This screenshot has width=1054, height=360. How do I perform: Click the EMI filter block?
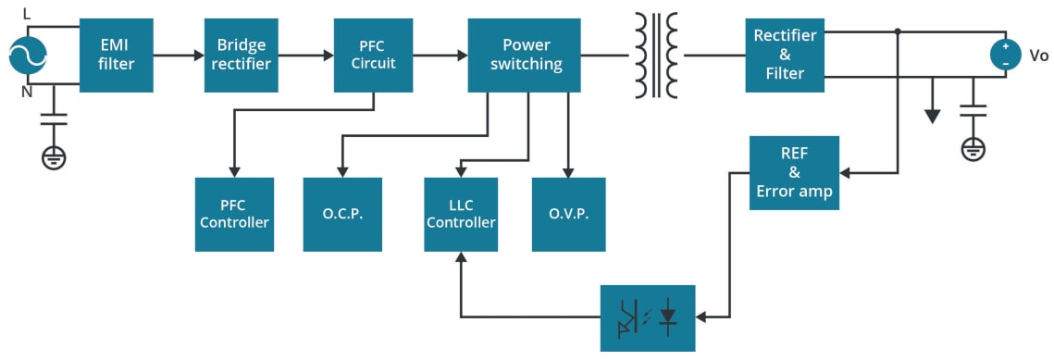[116, 55]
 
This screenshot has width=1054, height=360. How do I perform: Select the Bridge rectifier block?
[242, 55]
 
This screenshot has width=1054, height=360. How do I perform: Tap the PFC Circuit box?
[373, 55]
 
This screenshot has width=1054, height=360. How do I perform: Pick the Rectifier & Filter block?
[785, 55]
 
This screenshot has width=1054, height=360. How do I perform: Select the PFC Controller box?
[234, 214]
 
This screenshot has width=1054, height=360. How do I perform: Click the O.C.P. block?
[342, 214]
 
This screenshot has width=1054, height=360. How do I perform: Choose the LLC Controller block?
[461, 214]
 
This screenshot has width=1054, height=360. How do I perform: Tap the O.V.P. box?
[568, 214]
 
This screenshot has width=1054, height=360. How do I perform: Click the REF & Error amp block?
[794, 172]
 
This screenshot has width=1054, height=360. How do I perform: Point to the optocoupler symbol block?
[647, 317]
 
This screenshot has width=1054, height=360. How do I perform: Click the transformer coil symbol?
[656, 55]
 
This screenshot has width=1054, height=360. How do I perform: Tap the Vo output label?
[1038, 56]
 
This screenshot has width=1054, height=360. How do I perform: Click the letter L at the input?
[27, 13]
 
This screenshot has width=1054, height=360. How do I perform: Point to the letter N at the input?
[27, 92]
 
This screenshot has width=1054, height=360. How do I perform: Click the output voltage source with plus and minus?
[1005, 55]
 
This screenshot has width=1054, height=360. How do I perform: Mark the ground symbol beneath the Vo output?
[973, 147]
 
